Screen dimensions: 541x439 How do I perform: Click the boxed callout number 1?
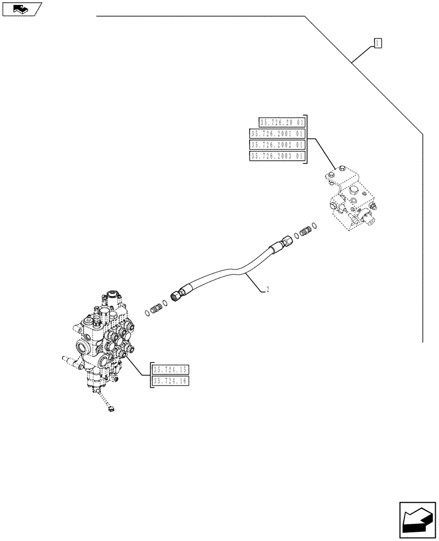(378, 43)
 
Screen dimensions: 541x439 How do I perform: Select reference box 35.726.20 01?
(281, 122)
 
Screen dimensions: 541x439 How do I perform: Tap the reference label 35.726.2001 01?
(277, 134)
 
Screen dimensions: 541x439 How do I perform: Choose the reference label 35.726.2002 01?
(277, 145)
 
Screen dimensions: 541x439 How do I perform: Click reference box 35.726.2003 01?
(277, 156)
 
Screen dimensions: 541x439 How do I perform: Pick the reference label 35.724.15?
(170, 370)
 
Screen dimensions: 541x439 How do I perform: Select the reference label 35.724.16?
(170, 381)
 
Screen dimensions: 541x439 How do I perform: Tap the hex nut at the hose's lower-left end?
(176, 296)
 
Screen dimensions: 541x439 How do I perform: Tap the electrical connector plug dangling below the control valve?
(111, 410)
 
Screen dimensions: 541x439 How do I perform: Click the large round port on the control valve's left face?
(84, 347)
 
